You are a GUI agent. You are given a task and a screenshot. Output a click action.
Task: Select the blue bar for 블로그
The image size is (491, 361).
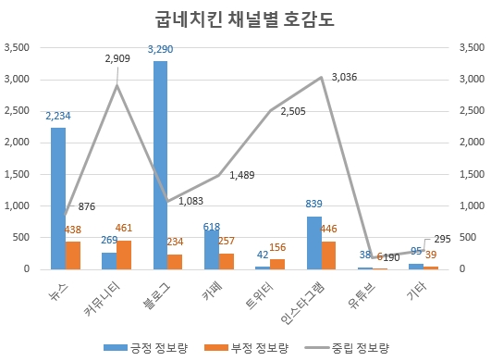click(160, 165)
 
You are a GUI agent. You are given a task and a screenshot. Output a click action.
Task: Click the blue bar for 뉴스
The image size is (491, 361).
click(58, 198)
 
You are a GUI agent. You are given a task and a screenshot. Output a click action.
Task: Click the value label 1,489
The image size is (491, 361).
click(243, 174)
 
